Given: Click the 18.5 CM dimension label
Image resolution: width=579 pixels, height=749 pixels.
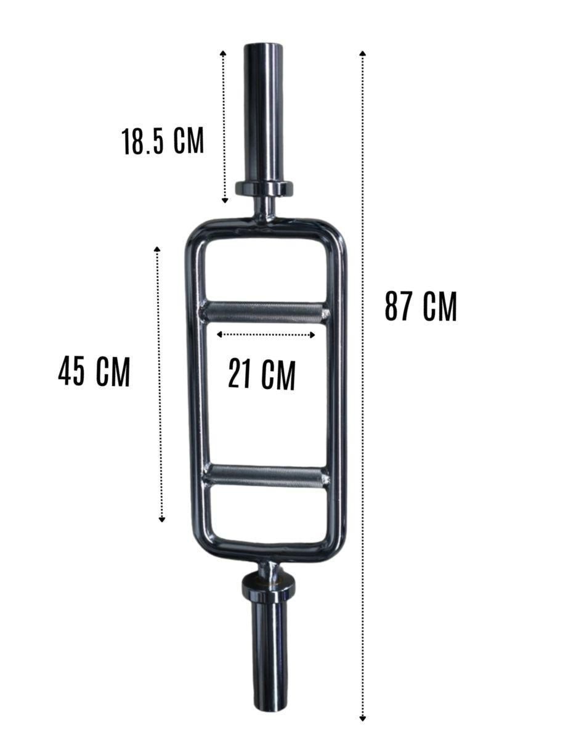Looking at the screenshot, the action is click(x=163, y=141).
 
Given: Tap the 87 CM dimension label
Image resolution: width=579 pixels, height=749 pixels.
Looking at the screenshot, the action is click(x=421, y=306).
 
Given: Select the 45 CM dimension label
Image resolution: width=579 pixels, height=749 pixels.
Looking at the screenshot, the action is click(x=94, y=372).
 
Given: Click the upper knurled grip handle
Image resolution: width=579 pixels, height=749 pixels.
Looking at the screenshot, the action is click(x=264, y=313).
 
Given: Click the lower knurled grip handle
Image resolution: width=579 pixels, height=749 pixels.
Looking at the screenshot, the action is click(x=267, y=476).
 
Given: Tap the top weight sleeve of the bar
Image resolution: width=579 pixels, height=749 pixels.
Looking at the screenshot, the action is click(x=264, y=115).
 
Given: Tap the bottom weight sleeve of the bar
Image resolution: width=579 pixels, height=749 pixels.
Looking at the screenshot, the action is click(x=270, y=647).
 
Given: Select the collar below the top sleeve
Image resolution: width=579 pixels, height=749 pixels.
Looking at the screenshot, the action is click(x=264, y=189).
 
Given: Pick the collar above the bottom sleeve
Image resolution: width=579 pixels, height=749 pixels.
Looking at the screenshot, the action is click(x=269, y=585).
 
